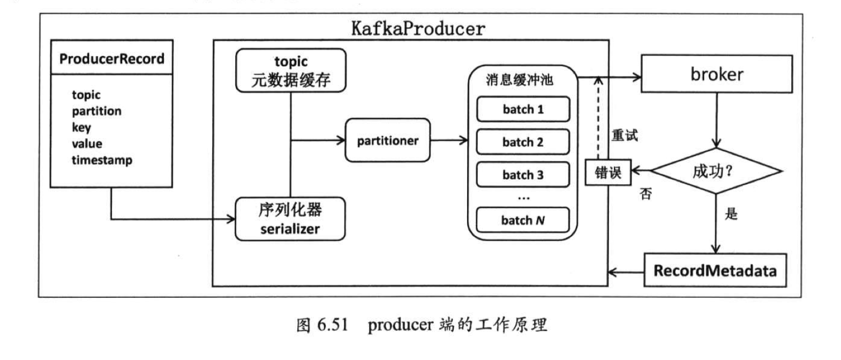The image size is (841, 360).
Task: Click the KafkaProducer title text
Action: (418, 28)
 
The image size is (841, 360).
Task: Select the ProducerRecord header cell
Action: (111, 58)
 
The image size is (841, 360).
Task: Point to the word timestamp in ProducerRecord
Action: (102, 160)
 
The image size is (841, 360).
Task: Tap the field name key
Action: (81, 127)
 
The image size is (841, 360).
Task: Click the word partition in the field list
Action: (96, 111)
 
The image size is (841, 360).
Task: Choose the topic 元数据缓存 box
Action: (291, 71)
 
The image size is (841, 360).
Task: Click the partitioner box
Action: (387, 140)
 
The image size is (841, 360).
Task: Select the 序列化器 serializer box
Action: (290, 219)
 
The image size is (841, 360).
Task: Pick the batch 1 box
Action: (523, 109)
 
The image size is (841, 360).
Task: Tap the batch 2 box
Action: (523, 142)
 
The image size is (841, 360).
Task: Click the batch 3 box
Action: (523, 175)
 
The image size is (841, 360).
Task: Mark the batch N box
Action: (523, 220)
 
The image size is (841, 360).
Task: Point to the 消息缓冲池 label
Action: (519, 80)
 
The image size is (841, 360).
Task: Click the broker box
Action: (716, 74)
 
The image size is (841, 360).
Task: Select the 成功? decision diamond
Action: (715, 171)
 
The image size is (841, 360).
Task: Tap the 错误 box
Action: (608, 172)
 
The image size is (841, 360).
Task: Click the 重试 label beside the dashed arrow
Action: (625, 135)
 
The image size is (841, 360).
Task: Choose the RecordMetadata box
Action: (715, 271)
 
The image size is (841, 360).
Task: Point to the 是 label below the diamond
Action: (731, 214)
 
